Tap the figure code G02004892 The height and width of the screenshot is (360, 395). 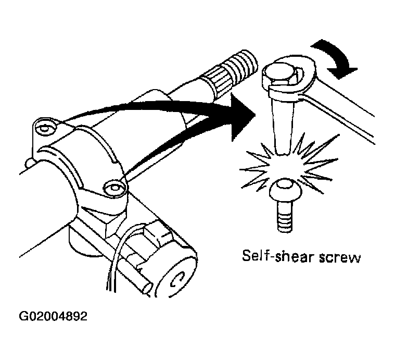(53, 316)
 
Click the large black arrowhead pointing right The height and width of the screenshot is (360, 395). (243, 117)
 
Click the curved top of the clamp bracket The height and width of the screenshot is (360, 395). (81, 156)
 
